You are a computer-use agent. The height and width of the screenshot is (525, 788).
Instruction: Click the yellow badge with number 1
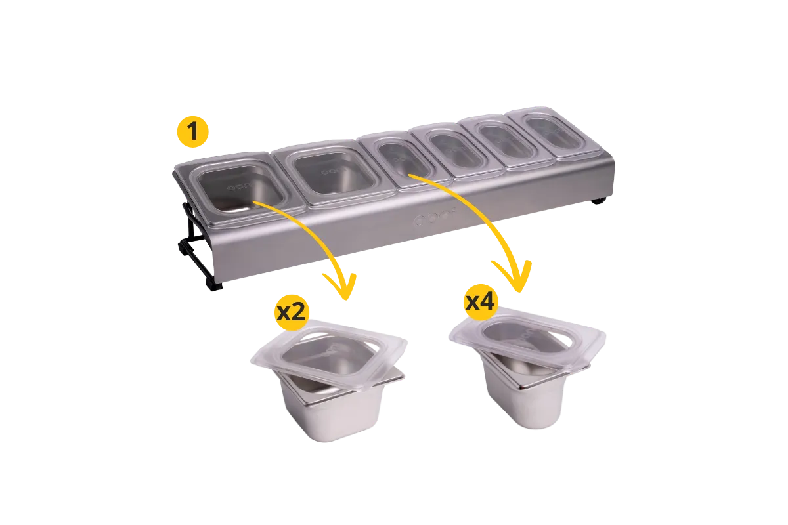tap(193, 131)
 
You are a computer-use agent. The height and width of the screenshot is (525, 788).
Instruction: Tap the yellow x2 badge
tap(292, 312)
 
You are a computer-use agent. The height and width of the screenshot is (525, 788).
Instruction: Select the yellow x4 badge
tap(481, 302)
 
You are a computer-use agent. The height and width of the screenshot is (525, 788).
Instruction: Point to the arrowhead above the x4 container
tap(514, 277)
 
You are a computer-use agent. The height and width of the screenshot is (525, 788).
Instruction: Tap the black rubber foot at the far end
tap(598, 201)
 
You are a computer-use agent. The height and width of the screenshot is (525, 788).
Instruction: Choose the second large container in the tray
tap(334, 173)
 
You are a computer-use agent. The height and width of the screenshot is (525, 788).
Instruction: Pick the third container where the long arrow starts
tap(405, 160)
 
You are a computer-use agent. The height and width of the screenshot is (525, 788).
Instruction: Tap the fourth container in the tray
tap(456, 150)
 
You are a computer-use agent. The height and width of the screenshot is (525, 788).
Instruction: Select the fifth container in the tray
tap(506, 140)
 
